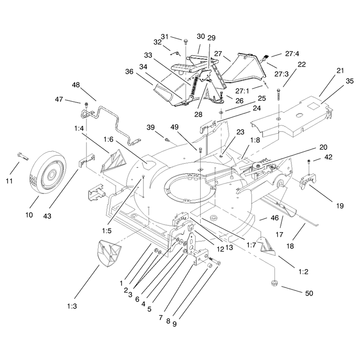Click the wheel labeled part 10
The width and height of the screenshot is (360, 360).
coord(48,175)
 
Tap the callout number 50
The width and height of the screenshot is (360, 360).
coord(309,293)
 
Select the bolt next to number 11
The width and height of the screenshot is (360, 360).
coord(23,157)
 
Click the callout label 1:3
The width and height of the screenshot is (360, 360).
coord(72,306)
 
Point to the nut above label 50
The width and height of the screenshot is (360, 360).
coord(274,283)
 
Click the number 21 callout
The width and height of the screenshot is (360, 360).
coord(340,71)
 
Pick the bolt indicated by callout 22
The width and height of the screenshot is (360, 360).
coord(279,94)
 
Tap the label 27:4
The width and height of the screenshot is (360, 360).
coord(292,54)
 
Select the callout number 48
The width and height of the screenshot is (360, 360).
coord(76,85)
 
